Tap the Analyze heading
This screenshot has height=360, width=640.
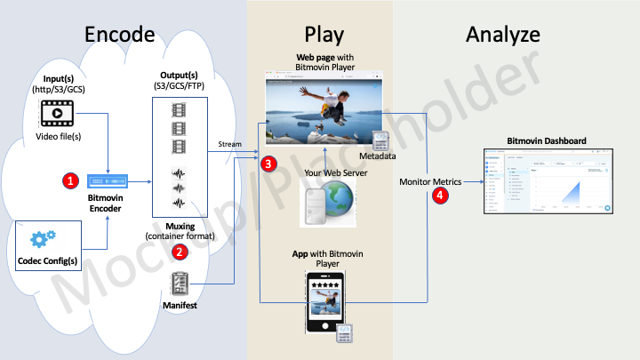coord(502,35)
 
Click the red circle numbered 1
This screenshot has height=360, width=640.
coord(68,180)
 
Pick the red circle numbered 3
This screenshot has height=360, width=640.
coord(268,164)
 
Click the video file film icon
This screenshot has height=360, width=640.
coord(56,113)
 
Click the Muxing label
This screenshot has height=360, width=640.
coord(180,227)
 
